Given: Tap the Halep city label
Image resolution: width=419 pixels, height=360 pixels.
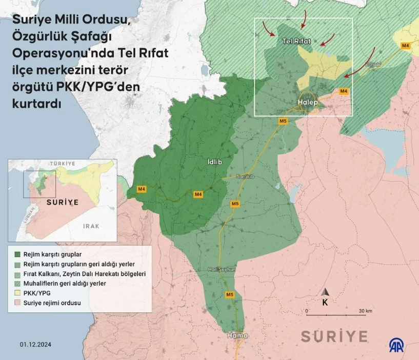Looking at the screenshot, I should tap(308, 103).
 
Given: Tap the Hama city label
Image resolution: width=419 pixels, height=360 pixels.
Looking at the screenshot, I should tap(237, 336).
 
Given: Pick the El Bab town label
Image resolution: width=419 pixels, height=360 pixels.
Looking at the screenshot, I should tap(373, 65).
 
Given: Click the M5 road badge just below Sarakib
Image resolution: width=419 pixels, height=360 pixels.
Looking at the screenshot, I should tap(235, 204).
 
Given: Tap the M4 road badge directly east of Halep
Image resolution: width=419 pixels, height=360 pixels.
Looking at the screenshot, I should tap(344, 91).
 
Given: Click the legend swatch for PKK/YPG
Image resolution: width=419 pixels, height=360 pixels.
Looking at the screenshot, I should tap(17, 293).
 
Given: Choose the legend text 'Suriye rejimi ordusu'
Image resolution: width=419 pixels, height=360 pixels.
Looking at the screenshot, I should tap(53, 303).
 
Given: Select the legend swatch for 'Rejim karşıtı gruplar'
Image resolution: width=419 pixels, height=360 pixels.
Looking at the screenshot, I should tap(17, 254).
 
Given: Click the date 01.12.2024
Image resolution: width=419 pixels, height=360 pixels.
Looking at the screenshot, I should tap(36, 345).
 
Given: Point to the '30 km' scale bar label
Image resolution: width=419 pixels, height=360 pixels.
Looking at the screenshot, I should tap(365, 311).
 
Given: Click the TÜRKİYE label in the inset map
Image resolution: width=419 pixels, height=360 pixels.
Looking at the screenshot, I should tap(63, 163).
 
